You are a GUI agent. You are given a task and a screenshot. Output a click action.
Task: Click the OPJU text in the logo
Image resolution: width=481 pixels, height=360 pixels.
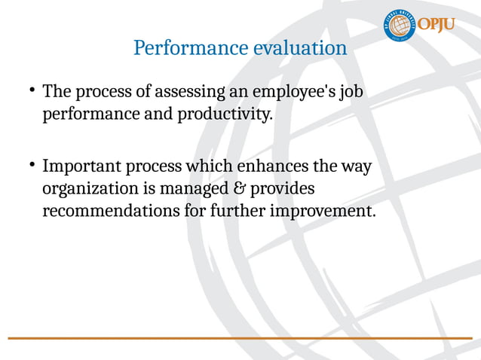pyautogui.click(x=437, y=25)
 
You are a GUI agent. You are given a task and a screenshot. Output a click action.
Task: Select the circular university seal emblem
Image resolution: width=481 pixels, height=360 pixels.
pyautogui.click(x=400, y=26)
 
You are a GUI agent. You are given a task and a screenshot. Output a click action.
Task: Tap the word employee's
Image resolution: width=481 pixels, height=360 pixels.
pyautogui.click(x=292, y=93)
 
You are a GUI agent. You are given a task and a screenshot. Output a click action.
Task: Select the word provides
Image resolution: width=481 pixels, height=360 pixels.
pyautogui.click(x=287, y=188)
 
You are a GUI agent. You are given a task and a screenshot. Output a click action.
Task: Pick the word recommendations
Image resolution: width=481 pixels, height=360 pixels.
pyautogui.click(x=111, y=211)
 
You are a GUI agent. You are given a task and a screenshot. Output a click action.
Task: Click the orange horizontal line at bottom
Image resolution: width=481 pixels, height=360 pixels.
pyautogui.click(x=240, y=337)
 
